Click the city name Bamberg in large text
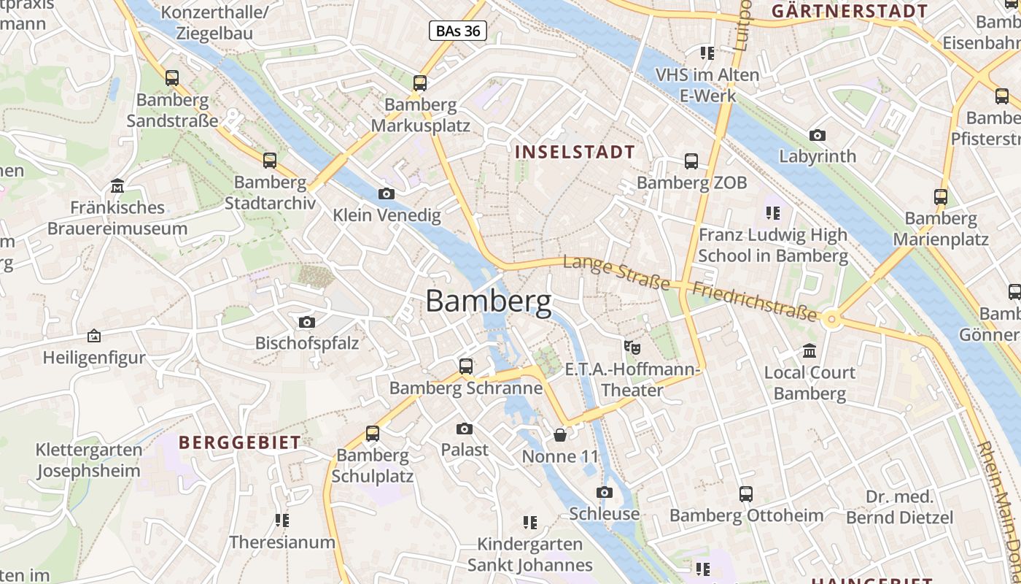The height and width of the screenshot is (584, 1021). coord(488,301)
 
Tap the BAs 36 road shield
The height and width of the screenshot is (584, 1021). coord(457,31)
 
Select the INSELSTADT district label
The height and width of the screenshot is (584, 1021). coord(575,152)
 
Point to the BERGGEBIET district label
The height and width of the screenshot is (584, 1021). coord(239,442)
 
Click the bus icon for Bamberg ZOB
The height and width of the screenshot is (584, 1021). coord(691,161)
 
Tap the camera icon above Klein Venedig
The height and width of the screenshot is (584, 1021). coord(387,193)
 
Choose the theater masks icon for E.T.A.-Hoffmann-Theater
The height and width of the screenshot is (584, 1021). coord(632,347)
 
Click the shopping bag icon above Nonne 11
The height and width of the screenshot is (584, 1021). coord(560,435)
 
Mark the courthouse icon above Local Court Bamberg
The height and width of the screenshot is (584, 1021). coord(810,351)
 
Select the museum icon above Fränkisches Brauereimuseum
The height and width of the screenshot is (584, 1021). coord(117,186)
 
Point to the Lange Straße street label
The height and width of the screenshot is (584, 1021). coord(616,272)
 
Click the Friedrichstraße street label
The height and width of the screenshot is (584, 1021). coord(754,301)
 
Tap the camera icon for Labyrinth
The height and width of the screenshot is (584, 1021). coord(818,135)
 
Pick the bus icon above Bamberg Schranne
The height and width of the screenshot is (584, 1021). coord(465,366)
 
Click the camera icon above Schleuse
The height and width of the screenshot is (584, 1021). coord(605,492)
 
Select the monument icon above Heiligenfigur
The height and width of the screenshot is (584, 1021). coord(94,336)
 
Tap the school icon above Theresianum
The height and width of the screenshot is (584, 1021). coord(282,520)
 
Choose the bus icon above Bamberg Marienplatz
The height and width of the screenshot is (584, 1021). coord(941,196)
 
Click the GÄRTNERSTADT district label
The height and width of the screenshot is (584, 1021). coord(850,11)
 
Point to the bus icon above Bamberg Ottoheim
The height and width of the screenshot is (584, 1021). coord(746,494)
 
